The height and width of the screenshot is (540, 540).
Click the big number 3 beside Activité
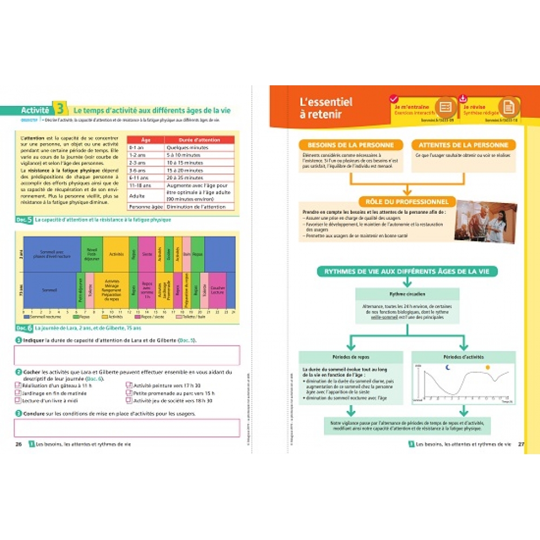60,109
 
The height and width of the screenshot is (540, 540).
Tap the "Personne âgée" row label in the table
145,206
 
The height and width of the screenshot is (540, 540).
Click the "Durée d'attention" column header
199,139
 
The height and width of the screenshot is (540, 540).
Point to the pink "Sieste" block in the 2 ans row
146,254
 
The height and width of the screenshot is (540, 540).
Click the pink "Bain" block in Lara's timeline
186,254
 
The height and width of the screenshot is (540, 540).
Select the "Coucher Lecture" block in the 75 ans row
218,290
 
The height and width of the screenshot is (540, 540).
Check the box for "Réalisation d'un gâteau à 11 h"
18,386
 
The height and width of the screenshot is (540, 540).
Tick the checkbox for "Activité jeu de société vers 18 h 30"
129,401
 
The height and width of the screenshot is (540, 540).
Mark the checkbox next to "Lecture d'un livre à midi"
18,401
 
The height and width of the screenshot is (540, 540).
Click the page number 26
18,444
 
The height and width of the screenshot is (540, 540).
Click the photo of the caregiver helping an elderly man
485,221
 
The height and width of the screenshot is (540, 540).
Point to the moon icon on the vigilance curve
447,368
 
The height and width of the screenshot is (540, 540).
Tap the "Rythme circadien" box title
407,295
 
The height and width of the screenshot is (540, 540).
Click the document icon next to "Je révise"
508,107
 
